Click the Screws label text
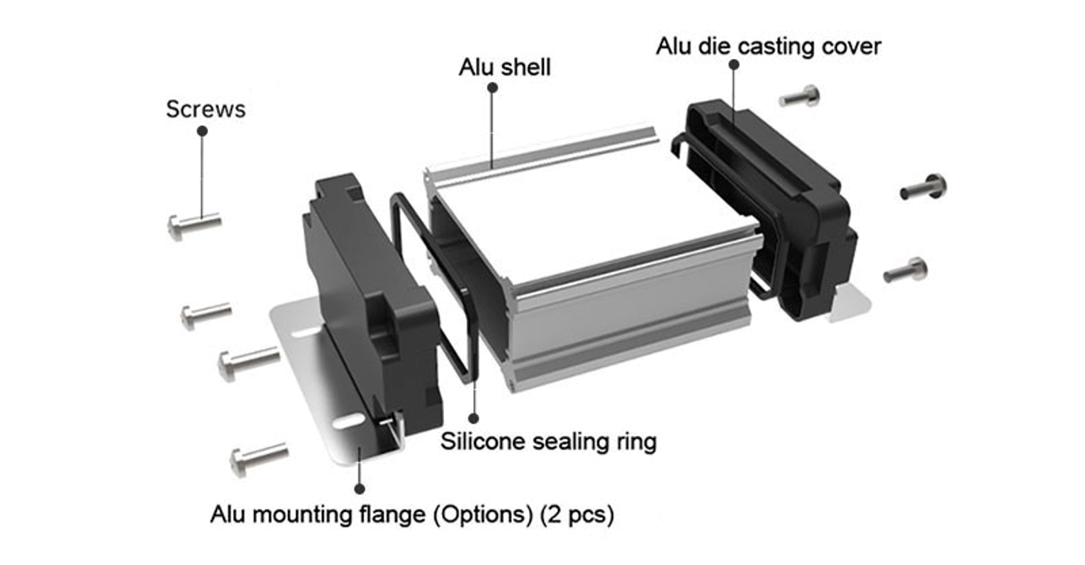[206, 109]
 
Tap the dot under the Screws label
[202, 131]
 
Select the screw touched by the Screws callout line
[194, 225]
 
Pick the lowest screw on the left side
[258, 459]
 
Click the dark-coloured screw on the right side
[924, 187]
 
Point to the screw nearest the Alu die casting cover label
[800, 97]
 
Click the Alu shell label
[505, 67]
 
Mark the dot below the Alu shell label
[492, 87]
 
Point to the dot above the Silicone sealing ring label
[473, 418]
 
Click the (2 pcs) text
[580, 513]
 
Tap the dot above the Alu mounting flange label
[360, 488]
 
